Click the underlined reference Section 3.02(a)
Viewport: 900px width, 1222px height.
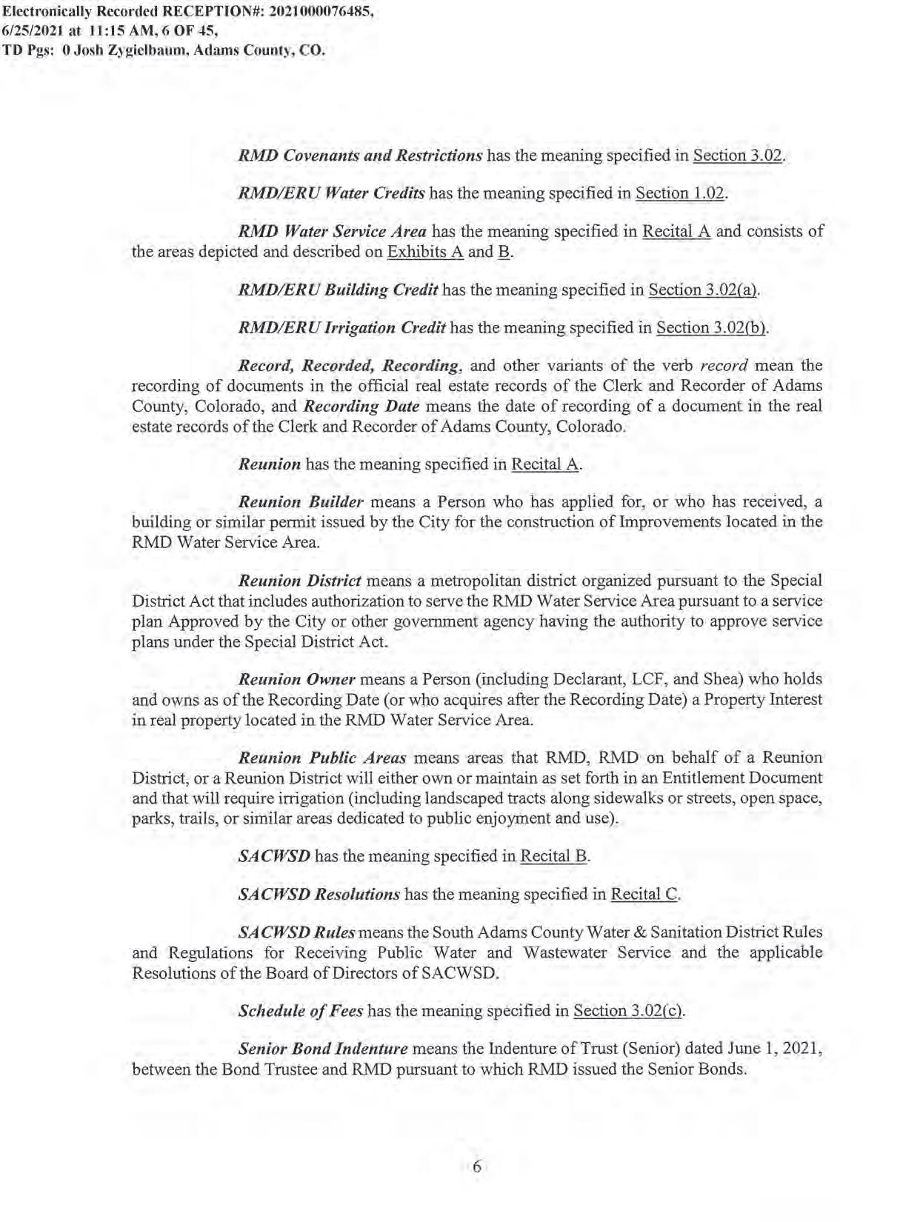pos(703,290)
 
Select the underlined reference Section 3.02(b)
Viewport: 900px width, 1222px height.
pos(711,327)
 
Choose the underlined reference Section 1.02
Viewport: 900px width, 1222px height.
pos(681,193)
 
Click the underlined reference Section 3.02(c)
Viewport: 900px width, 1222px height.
pos(628,1011)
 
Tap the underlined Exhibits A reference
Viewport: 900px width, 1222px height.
pos(425,252)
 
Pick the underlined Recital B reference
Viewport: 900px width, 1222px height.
pos(553,856)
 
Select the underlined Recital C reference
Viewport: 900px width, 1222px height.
pos(644,894)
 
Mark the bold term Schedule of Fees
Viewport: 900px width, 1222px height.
pos(301,1011)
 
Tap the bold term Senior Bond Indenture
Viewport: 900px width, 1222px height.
pos(323,1049)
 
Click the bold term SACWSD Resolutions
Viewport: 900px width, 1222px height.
pos(319,894)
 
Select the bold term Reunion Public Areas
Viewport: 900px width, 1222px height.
pos(322,758)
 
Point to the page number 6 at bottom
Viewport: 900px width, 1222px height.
pos(476,1167)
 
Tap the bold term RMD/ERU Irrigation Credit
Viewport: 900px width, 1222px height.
pos(341,327)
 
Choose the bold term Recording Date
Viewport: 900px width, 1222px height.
pos(361,407)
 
